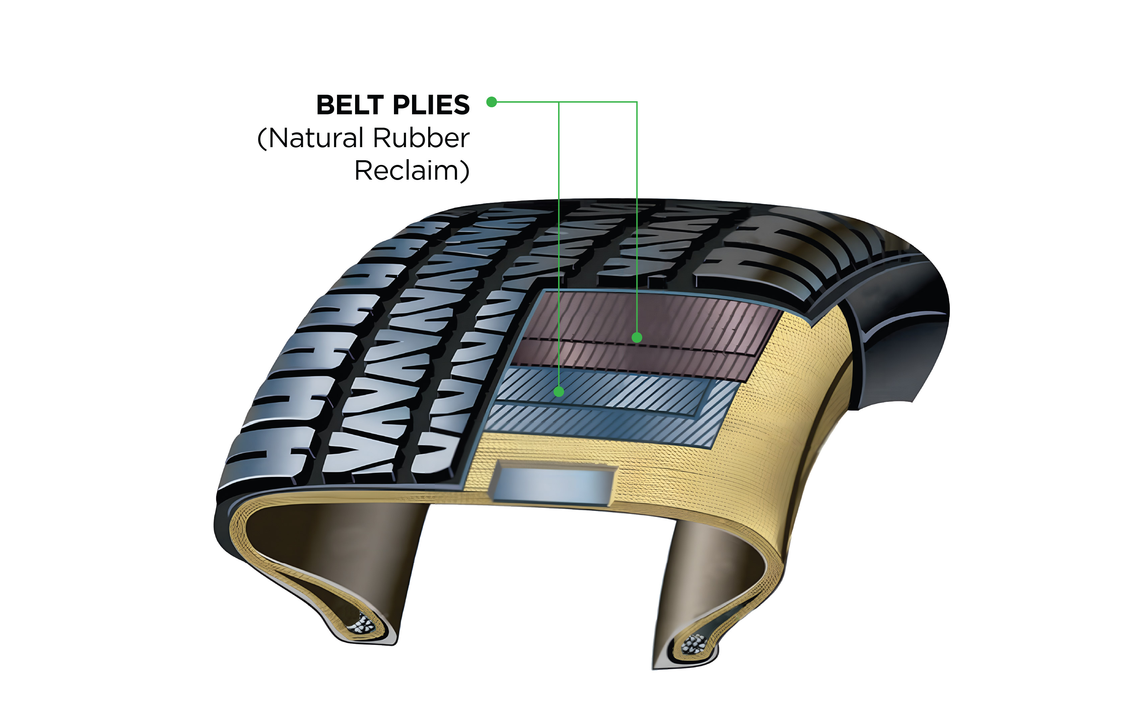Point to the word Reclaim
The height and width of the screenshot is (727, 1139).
click(406, 171)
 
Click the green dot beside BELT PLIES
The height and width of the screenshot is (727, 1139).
click(491, 102)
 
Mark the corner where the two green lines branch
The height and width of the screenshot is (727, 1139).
click(559, 102)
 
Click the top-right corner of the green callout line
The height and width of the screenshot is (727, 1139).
click(636, 102)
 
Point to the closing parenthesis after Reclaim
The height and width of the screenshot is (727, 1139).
click(465, 171)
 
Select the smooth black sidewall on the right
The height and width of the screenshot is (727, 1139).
click(899, 341)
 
